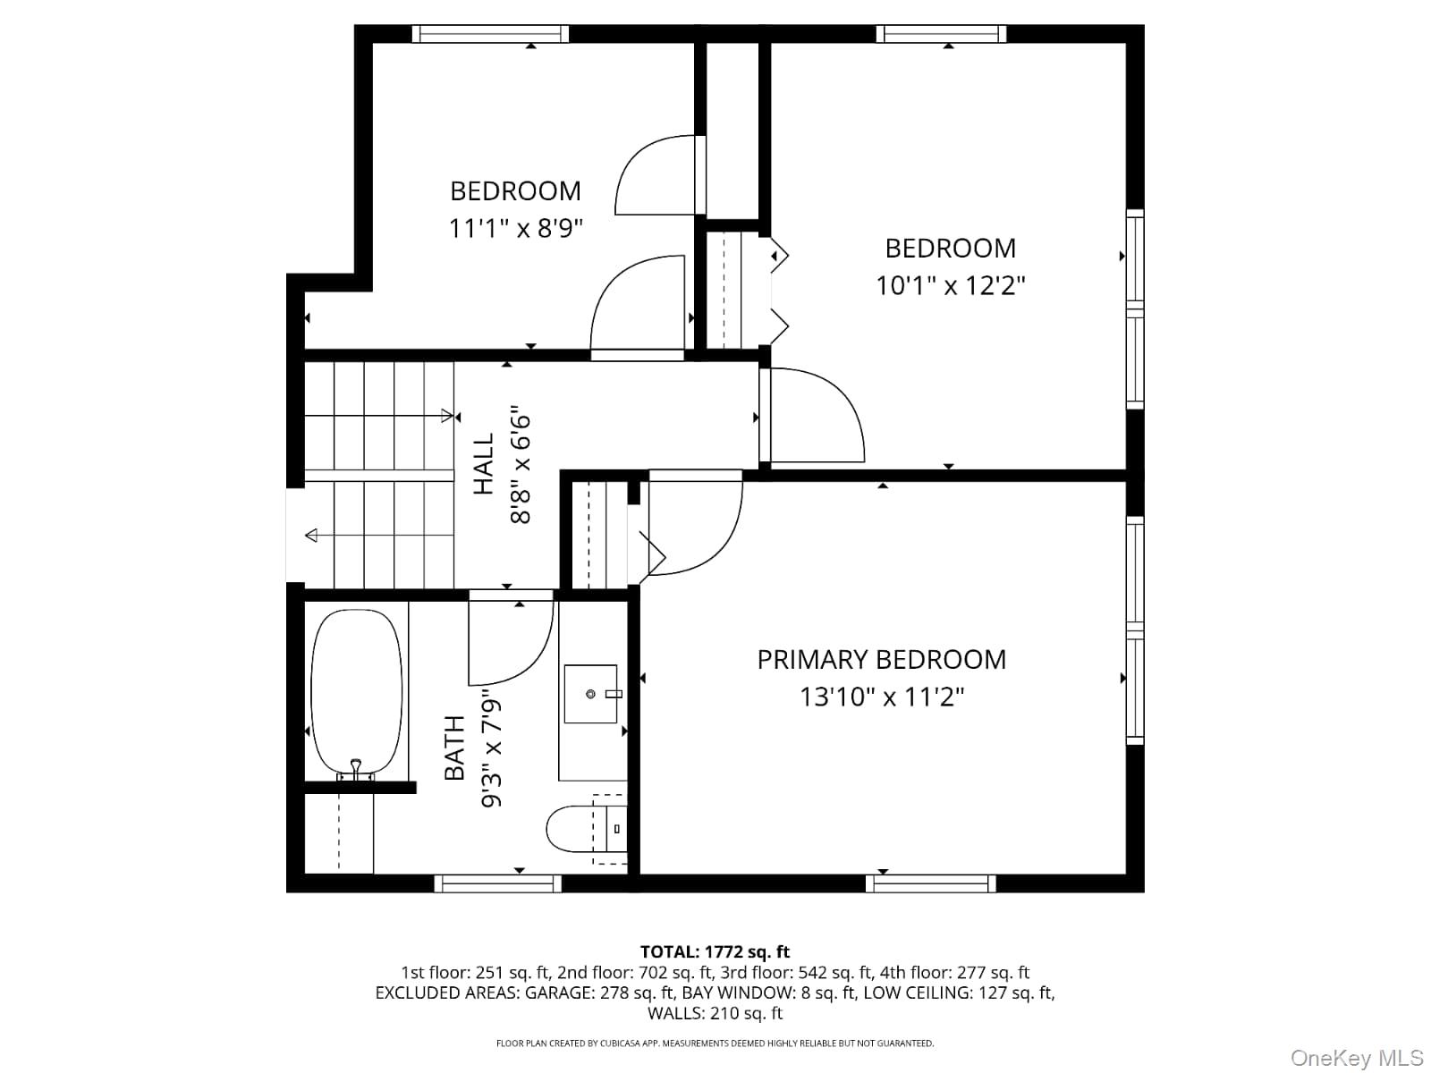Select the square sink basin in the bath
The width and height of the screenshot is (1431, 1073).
pyautogui.click(x=590, y=694)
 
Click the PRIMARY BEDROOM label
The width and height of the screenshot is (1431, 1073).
pyautogui.click(x=881, y=660)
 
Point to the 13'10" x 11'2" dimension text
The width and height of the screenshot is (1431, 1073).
pyautogui.click(x=881, y=697)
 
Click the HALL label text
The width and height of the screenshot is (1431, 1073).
pyautogui.click(x=484, y=464)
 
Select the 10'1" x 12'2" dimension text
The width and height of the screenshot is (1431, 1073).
pyautogui.click(x=950, y=286)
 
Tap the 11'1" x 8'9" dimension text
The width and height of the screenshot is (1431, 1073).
pyautogui.click(x=515, y=229)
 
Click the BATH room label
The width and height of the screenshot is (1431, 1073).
pyautogui.click(x=455, y=748)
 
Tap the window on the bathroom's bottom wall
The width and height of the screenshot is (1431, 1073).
pyautogui.click(x=497, y=883)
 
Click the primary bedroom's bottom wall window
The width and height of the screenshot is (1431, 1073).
pyautogui.click(x=930, y=883)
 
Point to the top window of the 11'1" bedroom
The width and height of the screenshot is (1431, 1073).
pyautogui.click(x=490, y=34)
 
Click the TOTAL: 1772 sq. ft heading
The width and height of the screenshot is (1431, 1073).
pyautogui.click(x=715, y=952)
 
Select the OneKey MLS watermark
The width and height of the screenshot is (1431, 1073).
pyautogui.click(x=1356, y=1059)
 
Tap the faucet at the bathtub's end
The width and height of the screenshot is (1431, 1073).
pyautogui.click(x=356, y=769)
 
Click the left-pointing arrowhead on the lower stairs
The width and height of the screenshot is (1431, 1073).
pyautogui.click(x=311, y=536)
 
